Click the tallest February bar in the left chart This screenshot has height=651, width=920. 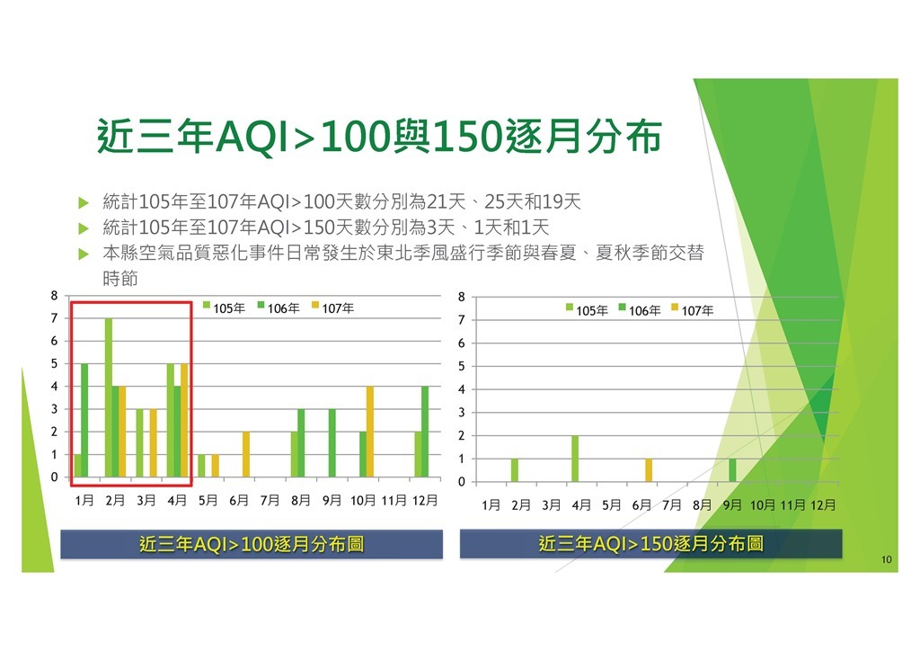click(x=109, y=397)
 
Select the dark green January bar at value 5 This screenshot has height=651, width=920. click(x=84, y=420)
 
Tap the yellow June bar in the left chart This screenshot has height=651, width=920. click(x=246, y=454)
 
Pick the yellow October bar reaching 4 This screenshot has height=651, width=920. click(x=370, y=432)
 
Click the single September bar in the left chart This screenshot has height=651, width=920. click(x=332, y=442)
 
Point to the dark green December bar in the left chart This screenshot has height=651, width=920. click(x=425, y=432)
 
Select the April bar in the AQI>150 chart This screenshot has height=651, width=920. click(x=575, y=459)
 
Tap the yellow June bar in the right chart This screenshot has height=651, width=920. click(x=649, y=470)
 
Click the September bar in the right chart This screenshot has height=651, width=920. click(x=732, y=470)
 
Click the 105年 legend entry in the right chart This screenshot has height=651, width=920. click(x=587, y=310)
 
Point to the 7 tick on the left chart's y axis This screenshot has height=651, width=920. click(x=54, y=318)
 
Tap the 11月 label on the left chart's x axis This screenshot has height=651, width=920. click(x=394, y=500)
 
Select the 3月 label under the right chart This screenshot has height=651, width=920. click(x=551, y=504)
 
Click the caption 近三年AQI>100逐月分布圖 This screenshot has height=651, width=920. click(x=252, y=544)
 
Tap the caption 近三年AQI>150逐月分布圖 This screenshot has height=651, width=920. click(x=650, y=544)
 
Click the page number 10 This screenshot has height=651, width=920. click(x=887, y=559)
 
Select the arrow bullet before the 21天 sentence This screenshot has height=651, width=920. click(x=84, y=203)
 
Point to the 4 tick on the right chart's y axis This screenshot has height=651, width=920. click(x=461, y=389)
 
